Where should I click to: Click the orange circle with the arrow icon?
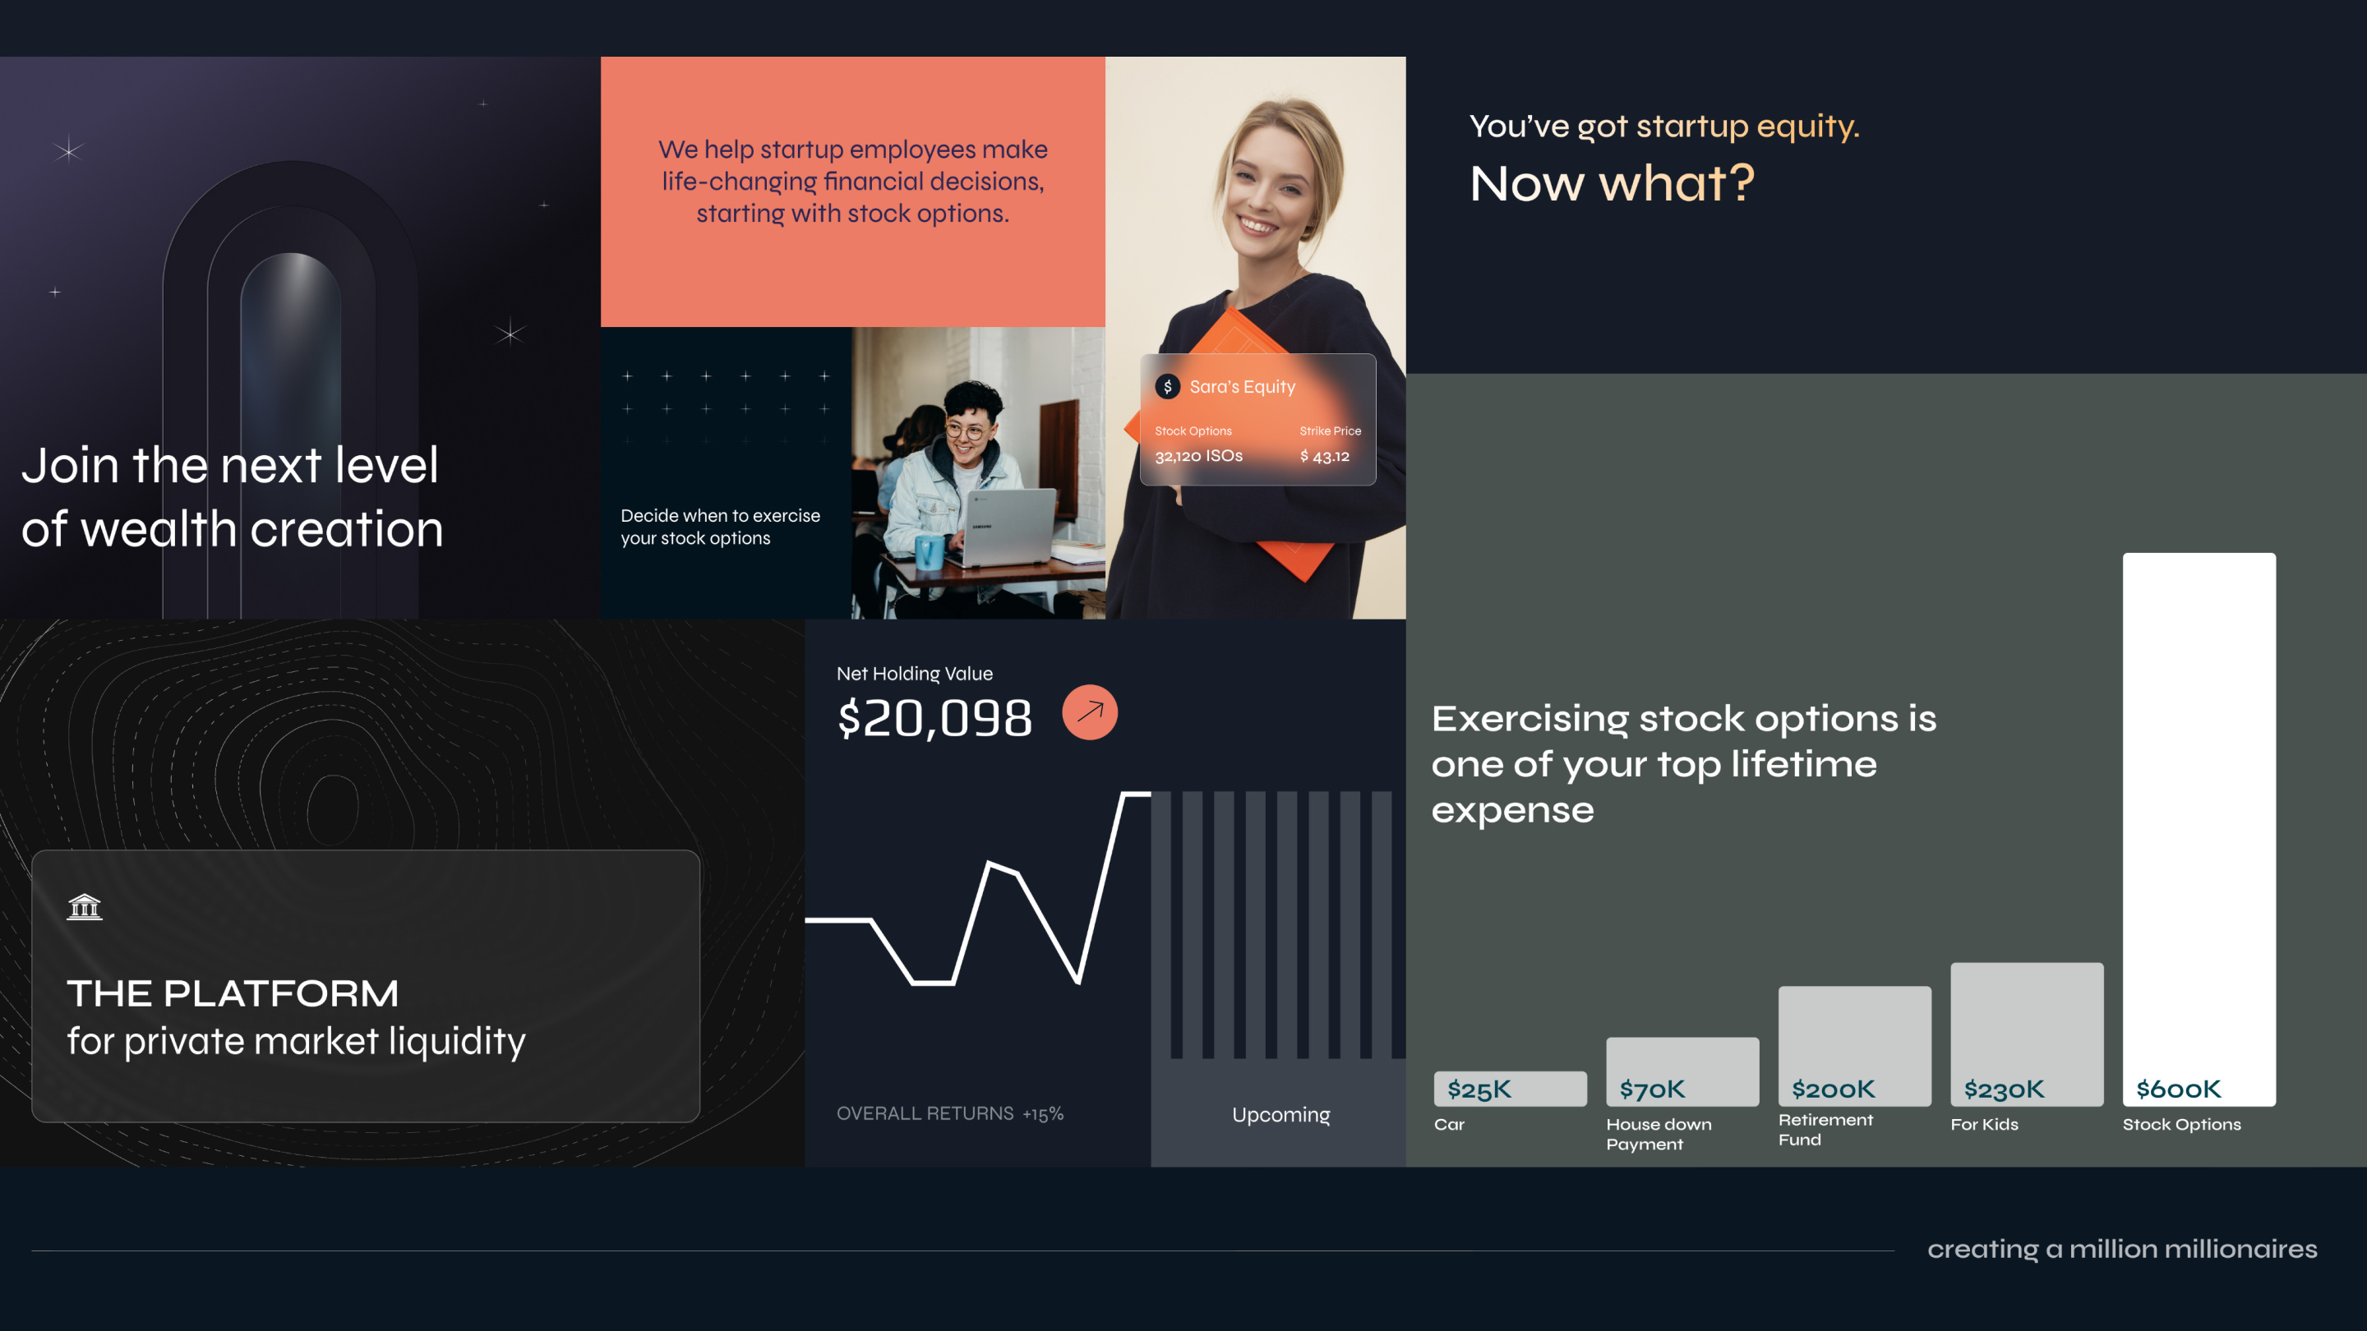1090,712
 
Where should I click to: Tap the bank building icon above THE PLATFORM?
85,906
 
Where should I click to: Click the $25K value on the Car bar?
1479,1089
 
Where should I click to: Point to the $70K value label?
1651,1089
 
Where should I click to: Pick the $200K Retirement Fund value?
1833,1089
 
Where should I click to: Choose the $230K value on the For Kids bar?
2004,1089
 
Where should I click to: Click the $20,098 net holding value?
934,718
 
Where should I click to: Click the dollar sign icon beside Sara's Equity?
1167,387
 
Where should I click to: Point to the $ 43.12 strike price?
1325,457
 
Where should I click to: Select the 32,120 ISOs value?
1198,457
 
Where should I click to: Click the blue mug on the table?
928,551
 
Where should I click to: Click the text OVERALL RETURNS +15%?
949,1113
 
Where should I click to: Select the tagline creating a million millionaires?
2121,1249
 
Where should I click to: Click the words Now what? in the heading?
1612,184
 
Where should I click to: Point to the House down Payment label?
1658,1134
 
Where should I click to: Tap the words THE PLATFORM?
233,993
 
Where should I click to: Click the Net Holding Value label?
914,674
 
